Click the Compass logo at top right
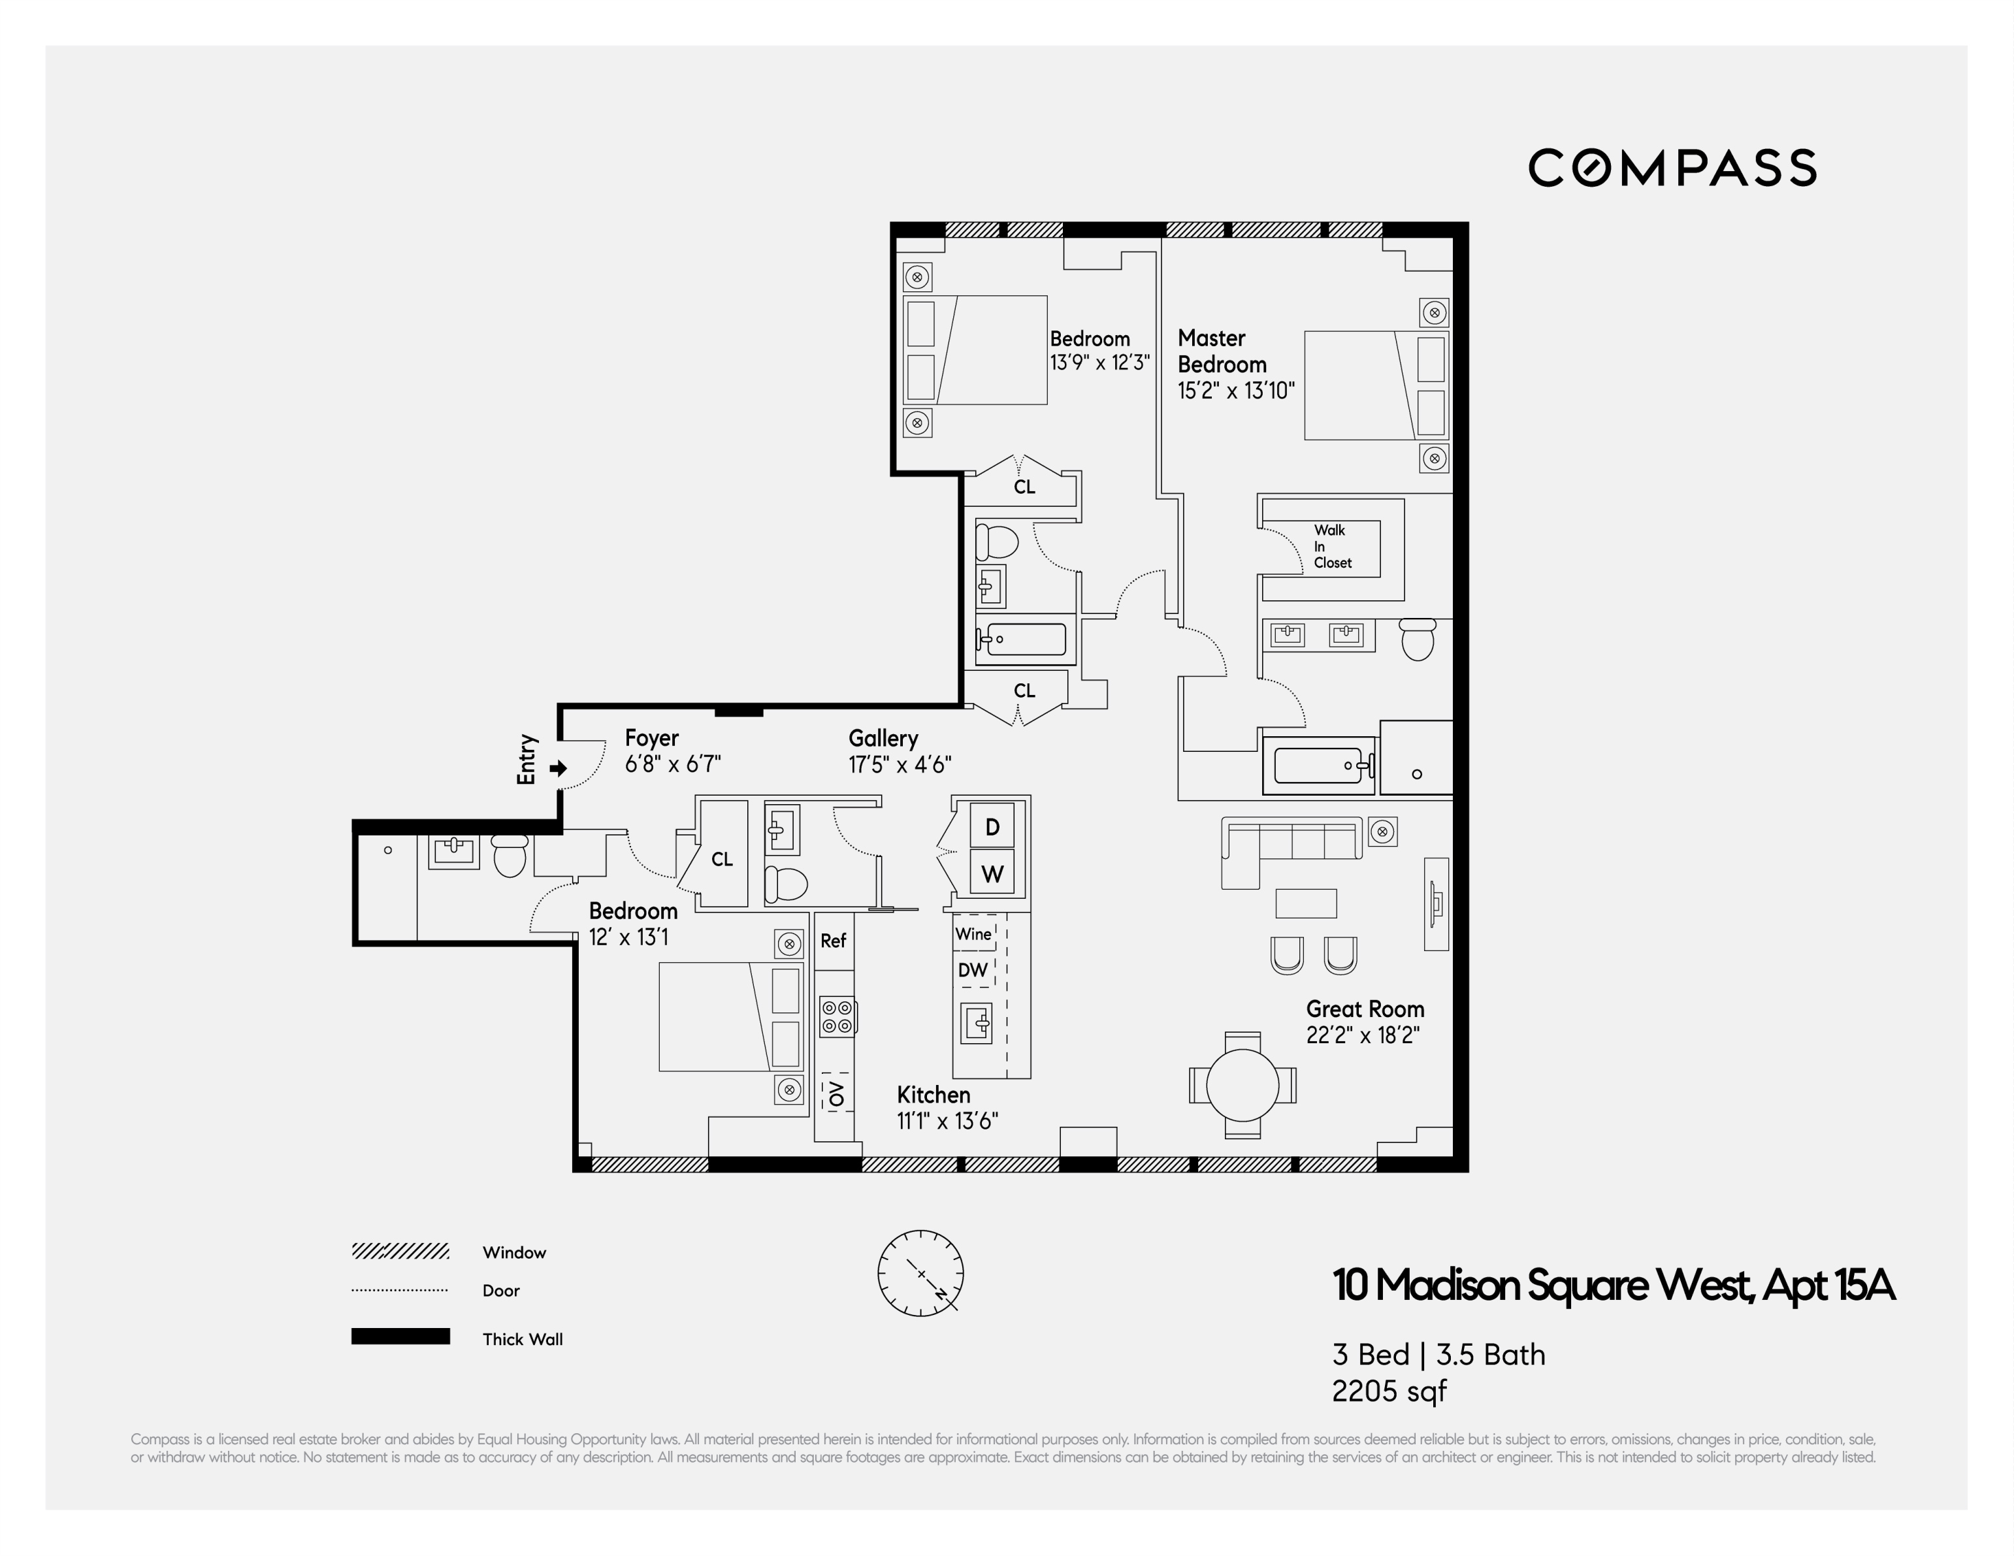(x=1672, y=168)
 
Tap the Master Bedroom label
(x=1221, y=351)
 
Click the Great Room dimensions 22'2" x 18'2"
(x=1362, y=1035)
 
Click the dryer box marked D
(x=992, y=826)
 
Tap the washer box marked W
(x=992, y=873)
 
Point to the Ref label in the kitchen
(x=833, y=941)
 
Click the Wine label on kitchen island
(x=973, y=933)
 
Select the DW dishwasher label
(x=972, y=969)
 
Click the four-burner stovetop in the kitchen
(x=836, y=1016)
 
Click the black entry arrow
(x=558, y=768)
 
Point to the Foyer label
(x=651, y=738)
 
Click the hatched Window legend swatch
(x=400, y=1252)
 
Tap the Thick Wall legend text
(x=522, y=1339)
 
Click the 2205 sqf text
(x=1389, y=1391)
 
